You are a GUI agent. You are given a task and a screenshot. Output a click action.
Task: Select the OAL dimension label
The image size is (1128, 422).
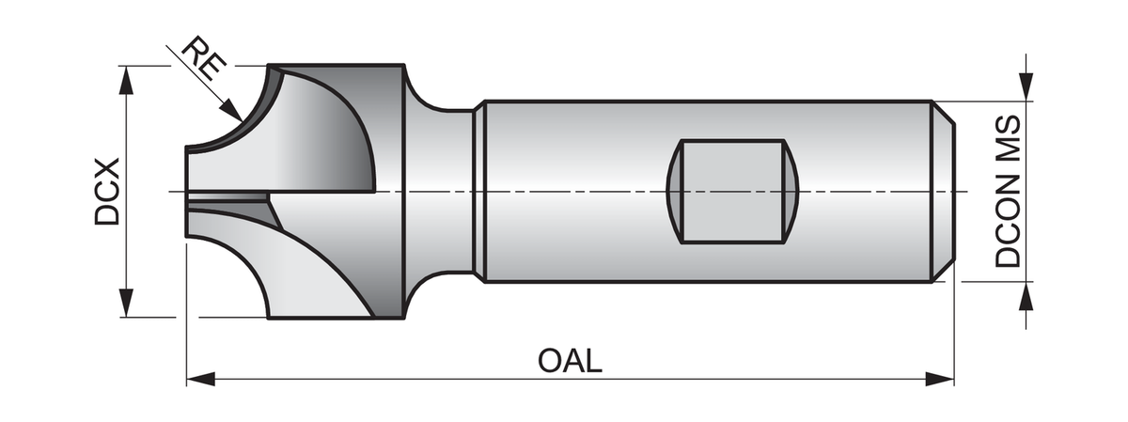pos(570,361)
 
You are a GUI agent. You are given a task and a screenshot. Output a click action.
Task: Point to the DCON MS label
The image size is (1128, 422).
pos(1008,193)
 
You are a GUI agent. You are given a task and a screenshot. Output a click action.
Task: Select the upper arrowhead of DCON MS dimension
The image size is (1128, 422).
pos(1026,89)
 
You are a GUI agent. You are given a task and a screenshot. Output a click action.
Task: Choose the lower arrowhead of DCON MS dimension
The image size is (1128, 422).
pos(1026,292)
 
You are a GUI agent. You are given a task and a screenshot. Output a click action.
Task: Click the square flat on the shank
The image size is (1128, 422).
pos(731,192)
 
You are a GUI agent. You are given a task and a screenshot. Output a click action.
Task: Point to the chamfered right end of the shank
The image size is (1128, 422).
pos(946,192)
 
